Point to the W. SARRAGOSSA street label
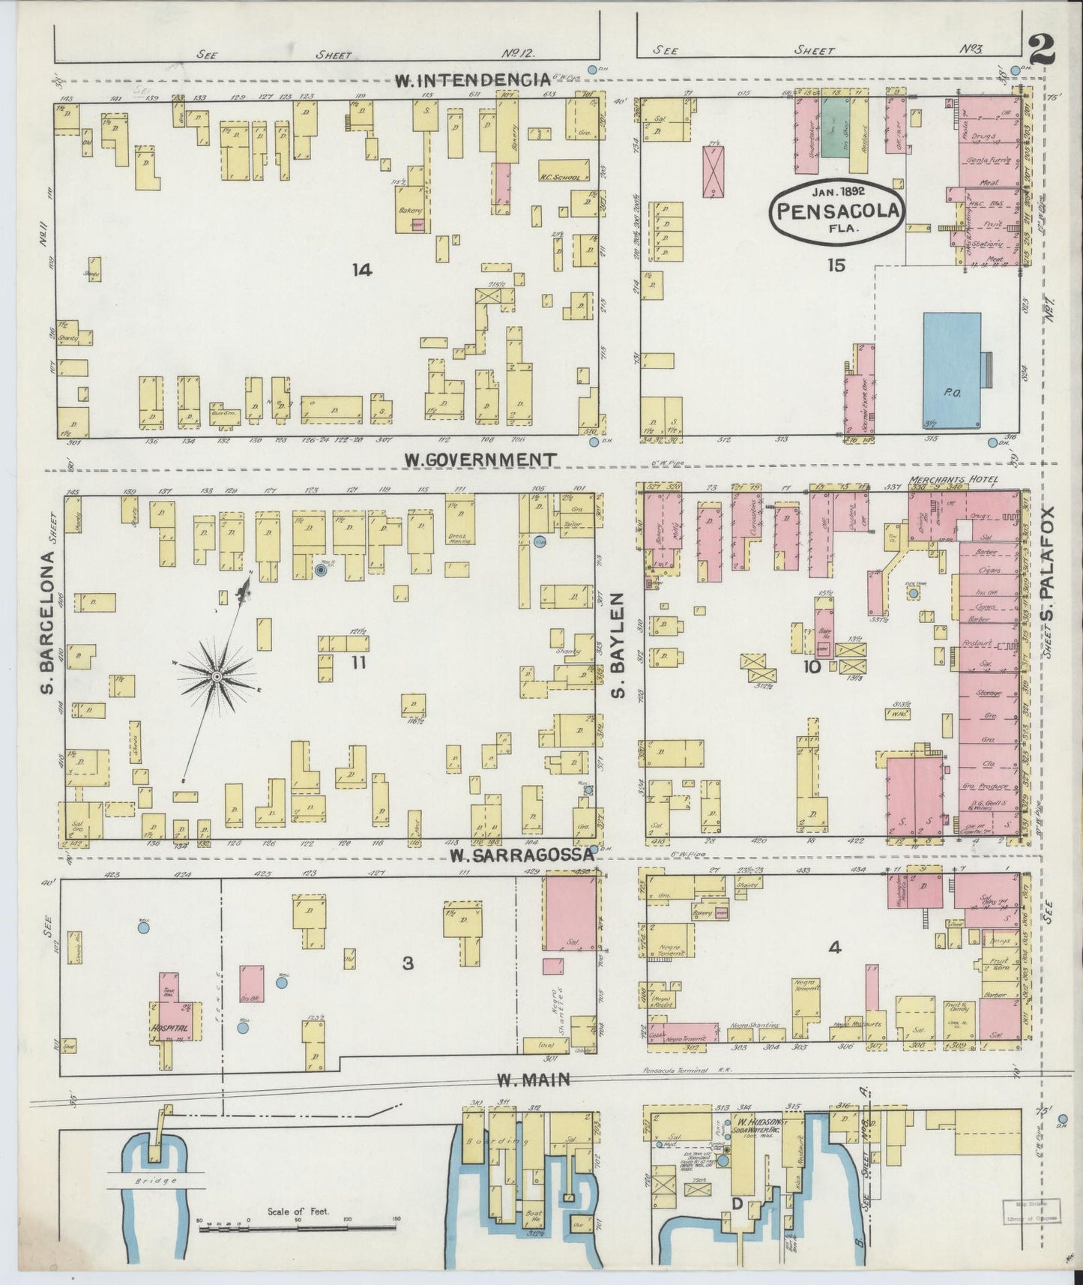(522, 855)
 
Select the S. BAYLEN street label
(618, 645)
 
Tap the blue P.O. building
(952, 371)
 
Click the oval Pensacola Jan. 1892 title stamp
(838, 210)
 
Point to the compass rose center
(217, 677)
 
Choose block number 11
(358, 662)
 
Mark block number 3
(408, 963)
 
